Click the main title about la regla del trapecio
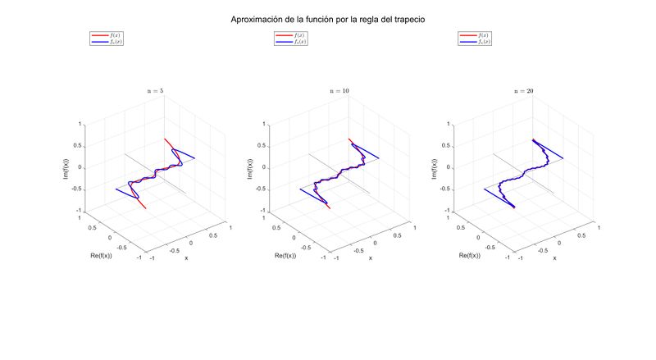pyautogui.click(x=328, y=17)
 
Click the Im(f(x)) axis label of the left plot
pyautogui.click(x=66, y=167)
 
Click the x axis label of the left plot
pyautogui.click(x=186, y=258)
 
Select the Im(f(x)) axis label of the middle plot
pyautogui.click(x=250, y=167)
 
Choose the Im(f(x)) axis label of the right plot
pyautogui.click(x=435, y=167)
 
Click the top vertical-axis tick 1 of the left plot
pyautogui.click(x=80, y=125)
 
